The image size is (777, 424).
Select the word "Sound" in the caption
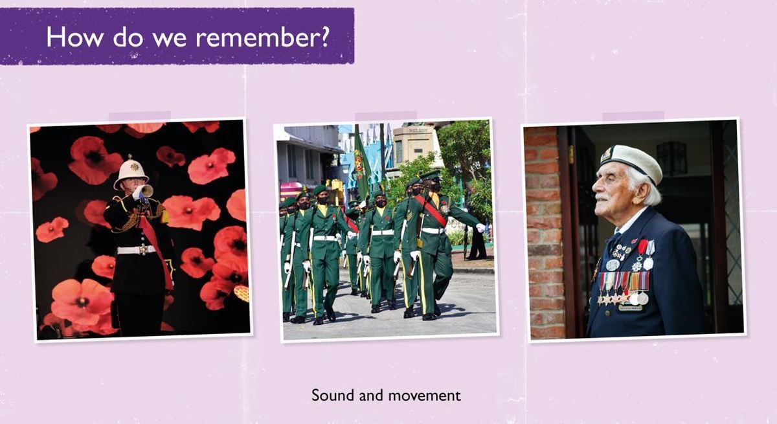333,396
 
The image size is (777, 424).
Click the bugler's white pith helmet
131,173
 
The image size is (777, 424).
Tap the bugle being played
145,192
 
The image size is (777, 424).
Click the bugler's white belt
137,250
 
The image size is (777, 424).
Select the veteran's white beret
631,162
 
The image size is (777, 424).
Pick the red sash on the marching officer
431,209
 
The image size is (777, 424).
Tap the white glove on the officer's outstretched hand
480,228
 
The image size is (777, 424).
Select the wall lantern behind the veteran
671,158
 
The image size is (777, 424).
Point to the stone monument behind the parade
414,146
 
